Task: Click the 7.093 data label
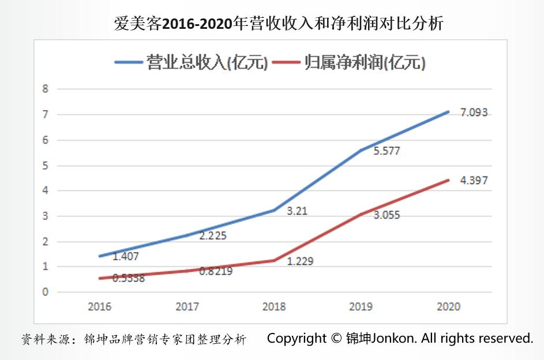coord(474,113)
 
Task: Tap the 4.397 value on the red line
coord(474,181)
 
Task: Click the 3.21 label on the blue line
coord(297,211)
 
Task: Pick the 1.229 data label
coord(300,261)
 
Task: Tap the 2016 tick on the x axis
coord(99,306)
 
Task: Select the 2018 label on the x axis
coord(274,306)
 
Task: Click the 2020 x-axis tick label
coord(448,306)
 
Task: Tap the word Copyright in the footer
coord(297,338)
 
